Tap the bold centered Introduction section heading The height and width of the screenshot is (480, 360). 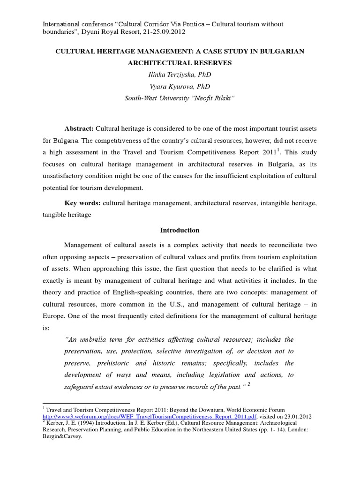tap(180, 230)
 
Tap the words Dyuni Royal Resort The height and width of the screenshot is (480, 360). tap(101, 32)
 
